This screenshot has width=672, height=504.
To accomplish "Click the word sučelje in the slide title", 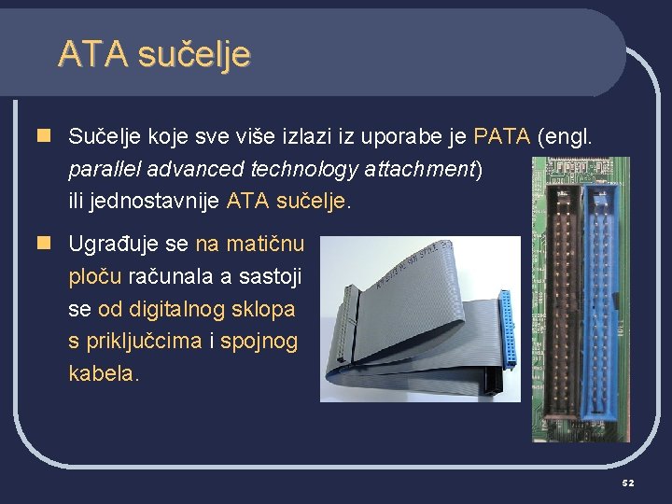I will coord(193,54).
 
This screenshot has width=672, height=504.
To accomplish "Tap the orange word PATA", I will coord(502,137).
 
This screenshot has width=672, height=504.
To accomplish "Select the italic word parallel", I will coord(100,169).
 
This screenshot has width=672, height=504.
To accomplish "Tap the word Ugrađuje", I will coord(105,245).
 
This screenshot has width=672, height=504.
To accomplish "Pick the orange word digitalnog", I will coord(196,309).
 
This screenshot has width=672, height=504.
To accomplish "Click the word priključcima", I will coord(145,342).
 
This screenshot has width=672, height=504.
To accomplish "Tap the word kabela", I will coord(104,373).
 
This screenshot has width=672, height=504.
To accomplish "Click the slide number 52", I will coord(628,483).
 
